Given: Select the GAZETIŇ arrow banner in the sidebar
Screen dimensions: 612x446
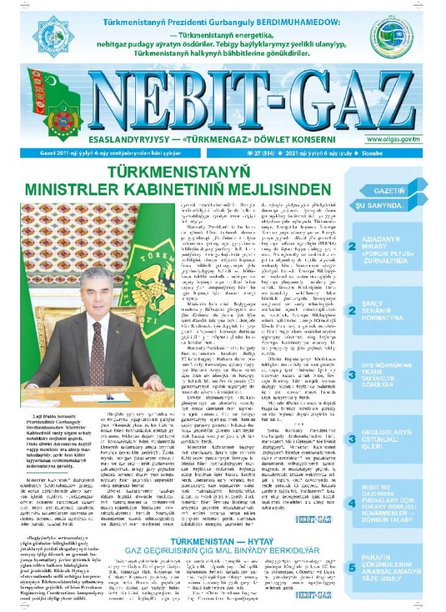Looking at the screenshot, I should pos(400,190).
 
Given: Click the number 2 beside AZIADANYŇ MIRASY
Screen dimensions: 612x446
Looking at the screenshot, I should pos(353,245).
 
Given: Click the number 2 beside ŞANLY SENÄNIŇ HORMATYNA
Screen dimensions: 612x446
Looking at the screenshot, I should pos(353,312).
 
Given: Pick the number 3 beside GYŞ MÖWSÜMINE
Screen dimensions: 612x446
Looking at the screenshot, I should pos(353,375).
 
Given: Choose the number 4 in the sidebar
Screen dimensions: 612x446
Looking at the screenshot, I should pos(353,501).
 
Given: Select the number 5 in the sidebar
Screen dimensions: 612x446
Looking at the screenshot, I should pos(353,567).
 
